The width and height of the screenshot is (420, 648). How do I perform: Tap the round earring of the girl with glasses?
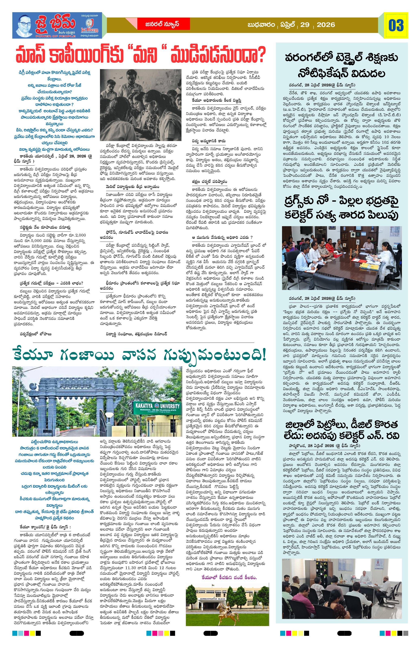coord(156,108)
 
